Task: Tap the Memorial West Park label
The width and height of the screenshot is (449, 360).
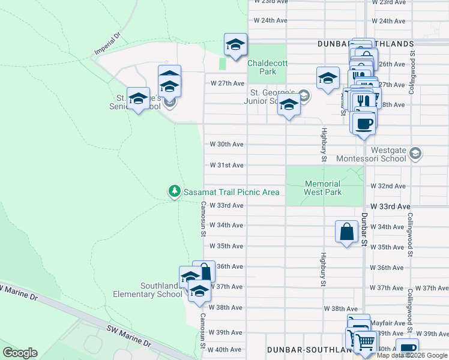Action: pyautogui.click(x=323, y=188)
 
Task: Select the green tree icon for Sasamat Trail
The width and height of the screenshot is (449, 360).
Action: pyautogui.click(x=174, y=191)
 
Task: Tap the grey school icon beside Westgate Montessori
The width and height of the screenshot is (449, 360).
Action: pyautogui.click(x=414, y=154)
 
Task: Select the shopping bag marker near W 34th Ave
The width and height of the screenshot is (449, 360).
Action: pyautogui.click(x=347, y=231)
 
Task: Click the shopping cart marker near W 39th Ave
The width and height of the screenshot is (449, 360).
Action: pyautogui.click(x=364, y=343)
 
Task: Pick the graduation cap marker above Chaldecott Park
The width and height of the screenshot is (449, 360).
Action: pyautogui.click(x=235, y=44)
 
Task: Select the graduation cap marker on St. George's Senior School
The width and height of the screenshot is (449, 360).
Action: pyautogui.click(x=139, y=99)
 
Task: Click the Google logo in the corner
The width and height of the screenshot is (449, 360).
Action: pyautogui.click(x=20, y=353)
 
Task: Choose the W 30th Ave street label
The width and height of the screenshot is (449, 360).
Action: pyautogui.click(x=226, y=144)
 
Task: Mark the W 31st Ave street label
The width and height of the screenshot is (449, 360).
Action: pyautogui.click(x=226, y=165)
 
